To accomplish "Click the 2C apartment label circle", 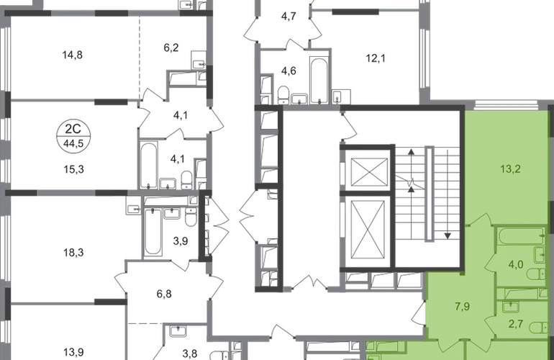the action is coord(73,136).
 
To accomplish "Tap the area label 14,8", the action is coord(73,55).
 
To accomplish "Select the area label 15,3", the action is coord(73,169).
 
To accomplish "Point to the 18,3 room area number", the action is coord(73,253).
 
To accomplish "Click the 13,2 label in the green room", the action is coord(511,169).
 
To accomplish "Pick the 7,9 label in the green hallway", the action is coord(462,306).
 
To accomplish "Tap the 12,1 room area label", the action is coord(376,58).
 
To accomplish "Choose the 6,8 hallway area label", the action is coord(164,294).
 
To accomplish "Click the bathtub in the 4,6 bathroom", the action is coord(319,81).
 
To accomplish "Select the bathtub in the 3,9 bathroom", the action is coord(153,232).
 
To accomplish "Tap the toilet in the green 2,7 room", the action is coord(538,328).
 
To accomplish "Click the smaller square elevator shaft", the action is coord(369,171).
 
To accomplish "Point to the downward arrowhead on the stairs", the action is coord(448,235).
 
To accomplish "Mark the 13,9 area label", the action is coord(73,352).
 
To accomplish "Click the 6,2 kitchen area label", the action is coord(171,48).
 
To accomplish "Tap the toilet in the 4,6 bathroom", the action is coord(283,94).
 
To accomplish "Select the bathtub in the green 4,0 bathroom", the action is coord(521,236).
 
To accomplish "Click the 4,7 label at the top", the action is coord(289,17).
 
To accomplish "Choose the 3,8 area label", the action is coord(190,353).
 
